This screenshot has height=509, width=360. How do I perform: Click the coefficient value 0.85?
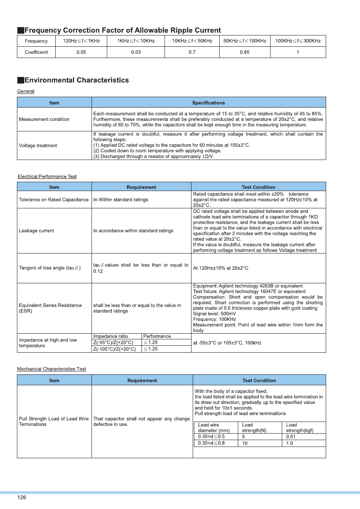pos(244,52)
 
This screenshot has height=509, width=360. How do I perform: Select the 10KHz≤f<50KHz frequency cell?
pos(192,41)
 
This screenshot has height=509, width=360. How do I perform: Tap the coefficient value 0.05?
pos(81,52)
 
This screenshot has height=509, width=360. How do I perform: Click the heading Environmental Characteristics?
pos(77,80)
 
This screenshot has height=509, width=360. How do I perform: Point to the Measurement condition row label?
pos(44,119)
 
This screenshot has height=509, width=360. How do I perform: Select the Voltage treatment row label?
pos(38,145)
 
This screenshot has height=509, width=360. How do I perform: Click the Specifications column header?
pos(208,103)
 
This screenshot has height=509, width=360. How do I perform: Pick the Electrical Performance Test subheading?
pos(47,177)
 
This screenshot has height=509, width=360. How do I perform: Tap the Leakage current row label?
pos(36,231)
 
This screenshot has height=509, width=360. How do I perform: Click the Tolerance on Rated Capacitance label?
pos(54,199)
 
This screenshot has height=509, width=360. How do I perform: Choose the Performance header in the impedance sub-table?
pos(157,336)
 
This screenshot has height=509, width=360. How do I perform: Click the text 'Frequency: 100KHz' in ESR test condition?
pos(214,319)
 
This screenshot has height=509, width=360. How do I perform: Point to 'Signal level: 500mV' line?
pos(215,314)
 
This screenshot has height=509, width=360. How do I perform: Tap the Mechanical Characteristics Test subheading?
pos(51,369)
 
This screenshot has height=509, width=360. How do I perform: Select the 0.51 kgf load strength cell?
pos(290,436)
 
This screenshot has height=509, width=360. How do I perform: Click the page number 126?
pos(22,498)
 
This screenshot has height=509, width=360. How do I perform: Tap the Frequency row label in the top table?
pos(36,41)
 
